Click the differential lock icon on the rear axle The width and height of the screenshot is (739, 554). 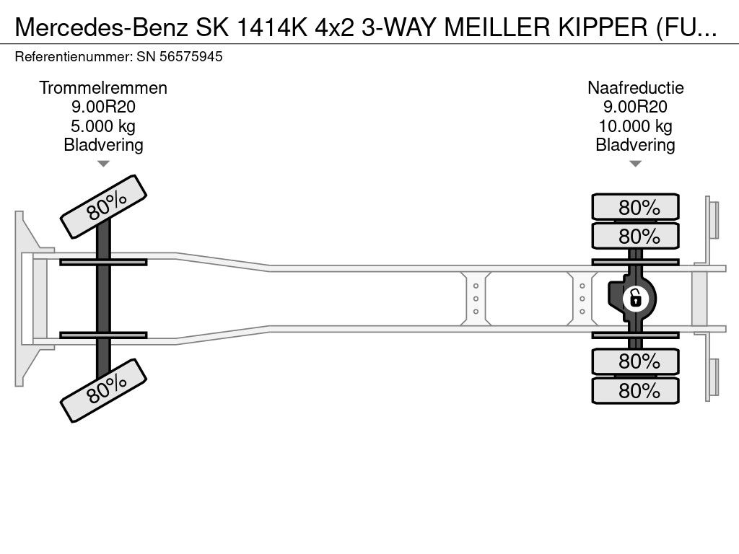pyautogui.click(x=635, y=299)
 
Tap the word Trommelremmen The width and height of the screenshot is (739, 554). pyautogui.click(x=103, y=88)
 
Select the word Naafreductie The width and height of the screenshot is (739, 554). pyautogui.click(x=635, y=88)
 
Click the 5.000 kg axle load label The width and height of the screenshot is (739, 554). pyautogui.click(x=103, y=126)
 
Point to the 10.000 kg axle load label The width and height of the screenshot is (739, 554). pyautogui.click(x=635, y=126)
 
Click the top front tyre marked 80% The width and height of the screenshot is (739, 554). pyautogui.click(x=104, y=207)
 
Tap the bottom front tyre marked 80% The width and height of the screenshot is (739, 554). pyautogui.click(x=104, y=390)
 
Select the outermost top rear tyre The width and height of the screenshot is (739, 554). pyautogui.click(x=635, y=206)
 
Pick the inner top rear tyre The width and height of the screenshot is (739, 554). pyautogui.click(x=635, y=236)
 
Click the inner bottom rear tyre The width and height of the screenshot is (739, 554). pyautogui.click(x=635, y=361)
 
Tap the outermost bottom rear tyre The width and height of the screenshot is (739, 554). pyautogui.click(x=635, y=390)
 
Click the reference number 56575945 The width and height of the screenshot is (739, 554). pyautogui.click(x=191, y=57)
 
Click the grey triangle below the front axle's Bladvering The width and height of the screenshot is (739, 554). pyautogui.click(x=103, y=164)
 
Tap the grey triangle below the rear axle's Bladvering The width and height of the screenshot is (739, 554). pyautogui.click(x=635, y=164)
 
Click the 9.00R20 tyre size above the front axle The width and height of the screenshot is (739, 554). pyautogui.click(x=103, y=107)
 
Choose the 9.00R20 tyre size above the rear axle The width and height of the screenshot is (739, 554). pyautogui.click(x=635, y=107)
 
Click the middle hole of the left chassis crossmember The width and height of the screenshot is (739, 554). pyautogui.click(x=476, y=299)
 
